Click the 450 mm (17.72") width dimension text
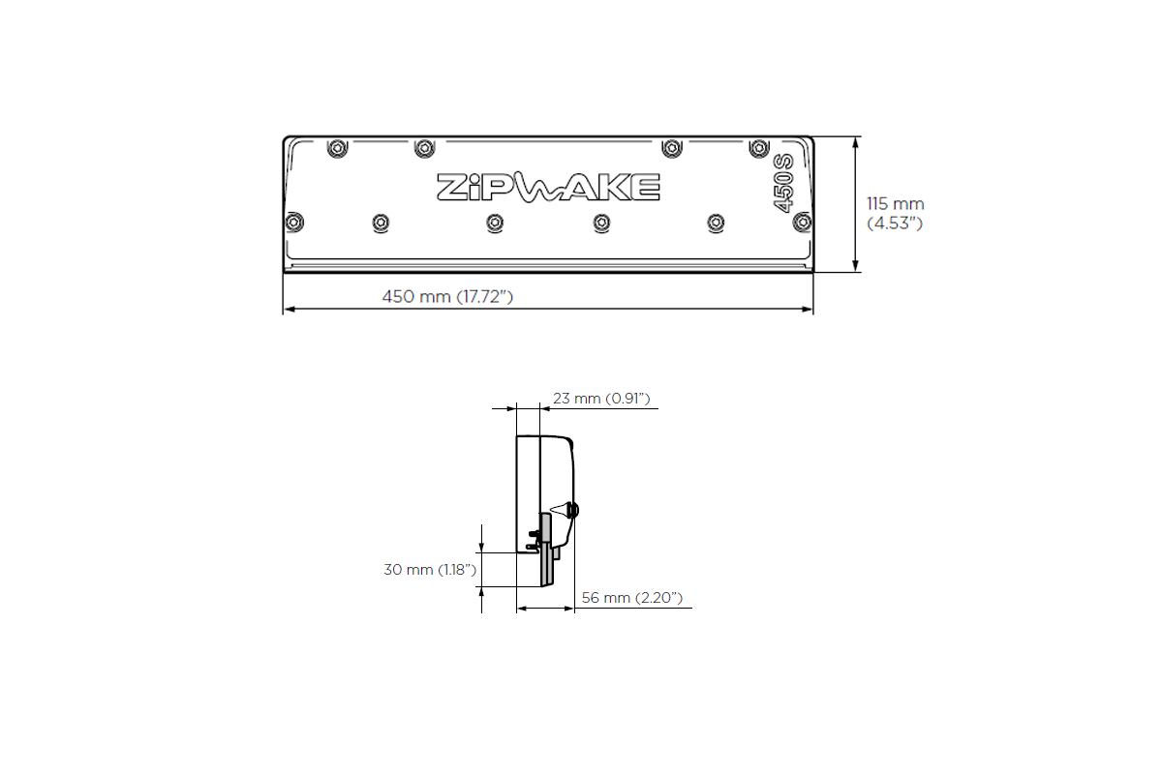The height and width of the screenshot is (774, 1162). pyautogui.click(x=447, y=296)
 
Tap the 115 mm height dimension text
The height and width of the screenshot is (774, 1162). pyautogui.click(x=895, y=204)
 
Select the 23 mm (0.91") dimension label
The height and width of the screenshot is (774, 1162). pyautogui.click(x=600, y=399)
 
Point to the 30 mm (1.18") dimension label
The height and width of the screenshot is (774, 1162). pyautogui.click(x=430, y=570)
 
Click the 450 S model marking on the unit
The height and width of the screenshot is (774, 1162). pyautogui.click(x=782, y=183)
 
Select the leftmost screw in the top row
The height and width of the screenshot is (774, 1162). pyautogui.click(x=336, y=148)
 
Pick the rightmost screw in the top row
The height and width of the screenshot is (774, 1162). pyautogui.click(x=759, y=148)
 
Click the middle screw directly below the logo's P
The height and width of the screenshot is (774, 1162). pyautogui.click(x=495, y=223)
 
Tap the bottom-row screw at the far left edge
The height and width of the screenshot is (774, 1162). pyautogui.click(x=294, y=222)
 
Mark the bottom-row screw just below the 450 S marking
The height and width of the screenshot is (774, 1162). pyautogui.click(x=801, y=223)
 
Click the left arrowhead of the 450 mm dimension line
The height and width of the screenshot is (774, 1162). pyautogui.click(x=288, y=310)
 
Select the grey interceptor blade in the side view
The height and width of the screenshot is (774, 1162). pyautogui.click(x=546, y=551)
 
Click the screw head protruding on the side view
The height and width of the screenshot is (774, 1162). pyautogui.click(x=574, y=509)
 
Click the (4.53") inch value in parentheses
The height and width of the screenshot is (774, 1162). pyautogui.click(x=895, y=223)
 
